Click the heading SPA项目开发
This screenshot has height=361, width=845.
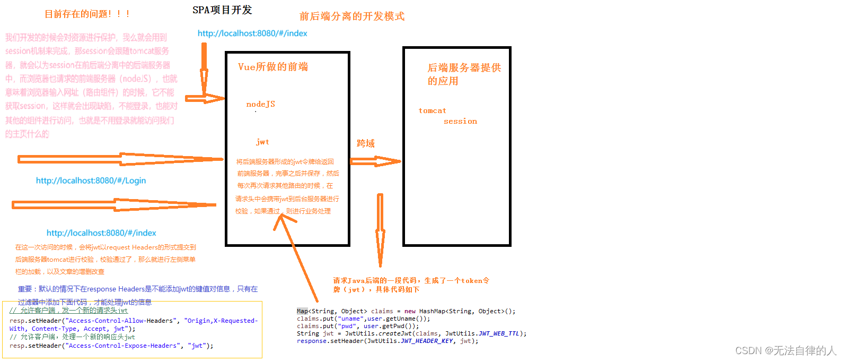222,10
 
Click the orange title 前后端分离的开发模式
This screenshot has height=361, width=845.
352,16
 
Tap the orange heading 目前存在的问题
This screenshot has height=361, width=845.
87,14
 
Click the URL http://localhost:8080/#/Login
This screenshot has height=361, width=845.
91,180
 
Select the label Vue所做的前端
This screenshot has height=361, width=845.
273,67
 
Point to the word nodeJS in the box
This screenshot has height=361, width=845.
260,104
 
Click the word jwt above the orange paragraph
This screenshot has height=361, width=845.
262,142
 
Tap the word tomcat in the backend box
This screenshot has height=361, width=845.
432,111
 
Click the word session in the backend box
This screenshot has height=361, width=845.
460,122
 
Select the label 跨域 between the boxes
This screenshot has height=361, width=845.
366,143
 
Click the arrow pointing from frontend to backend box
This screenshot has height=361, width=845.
375,161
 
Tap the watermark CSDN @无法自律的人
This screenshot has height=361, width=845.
785,351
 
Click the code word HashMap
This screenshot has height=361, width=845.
434,312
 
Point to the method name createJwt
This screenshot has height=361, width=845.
395,334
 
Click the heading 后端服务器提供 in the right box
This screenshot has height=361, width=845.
464,68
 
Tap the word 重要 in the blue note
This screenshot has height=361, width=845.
25,289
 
